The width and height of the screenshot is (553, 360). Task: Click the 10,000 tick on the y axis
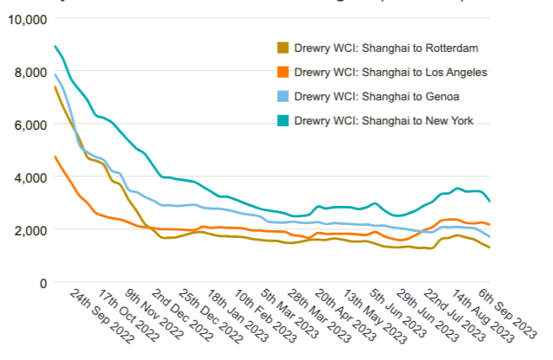pos(27,19)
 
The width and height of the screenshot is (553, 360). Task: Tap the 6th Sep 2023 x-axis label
pos(508,316)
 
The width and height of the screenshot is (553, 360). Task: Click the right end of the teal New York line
pos(491,201)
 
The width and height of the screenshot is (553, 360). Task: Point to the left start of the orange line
pos(55,157)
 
